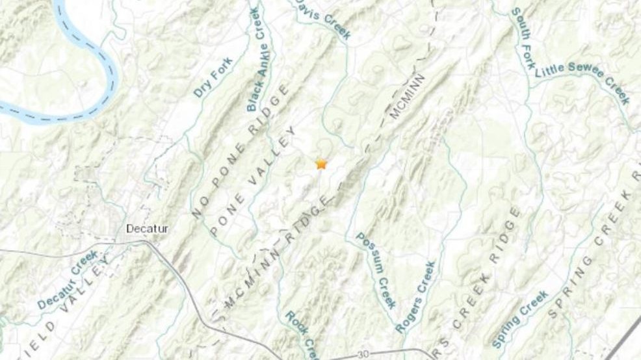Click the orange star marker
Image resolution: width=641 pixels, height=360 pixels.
[x=320, y=164]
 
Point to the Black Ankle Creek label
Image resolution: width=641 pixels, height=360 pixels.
[x=254, y=60]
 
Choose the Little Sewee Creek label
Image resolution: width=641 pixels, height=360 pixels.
[x=582, y=83]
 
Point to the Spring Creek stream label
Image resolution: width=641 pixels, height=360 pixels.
[x=521, y=318]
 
